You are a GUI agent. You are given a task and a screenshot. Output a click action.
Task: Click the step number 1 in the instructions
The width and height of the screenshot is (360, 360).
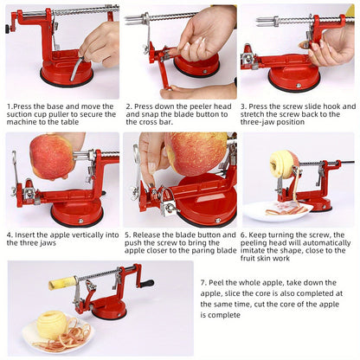pos(9,105)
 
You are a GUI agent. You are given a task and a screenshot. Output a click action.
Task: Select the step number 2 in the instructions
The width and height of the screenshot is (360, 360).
pos(128,105)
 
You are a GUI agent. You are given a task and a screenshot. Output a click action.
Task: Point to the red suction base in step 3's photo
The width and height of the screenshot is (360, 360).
pos(293,80)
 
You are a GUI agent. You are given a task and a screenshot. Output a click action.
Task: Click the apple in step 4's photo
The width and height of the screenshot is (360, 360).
pos(52,157)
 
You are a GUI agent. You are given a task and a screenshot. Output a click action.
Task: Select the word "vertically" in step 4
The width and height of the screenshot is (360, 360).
pos(82,235)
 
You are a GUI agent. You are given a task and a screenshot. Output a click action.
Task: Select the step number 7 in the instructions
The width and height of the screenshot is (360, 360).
pos(203,283)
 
